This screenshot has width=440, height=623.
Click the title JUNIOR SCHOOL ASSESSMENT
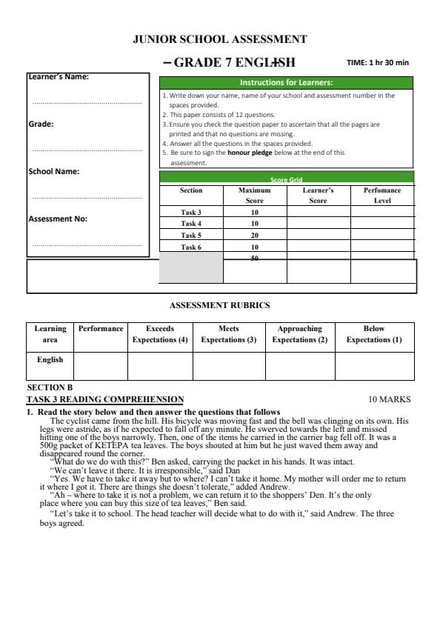219,39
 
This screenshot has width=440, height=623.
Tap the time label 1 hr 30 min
378,63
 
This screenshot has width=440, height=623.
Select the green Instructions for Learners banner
286,82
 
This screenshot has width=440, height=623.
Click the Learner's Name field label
59,76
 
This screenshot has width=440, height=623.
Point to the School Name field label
53,171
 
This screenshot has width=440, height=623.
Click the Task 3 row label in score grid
191,213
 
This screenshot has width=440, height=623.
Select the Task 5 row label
191,236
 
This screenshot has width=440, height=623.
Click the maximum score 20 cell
255,236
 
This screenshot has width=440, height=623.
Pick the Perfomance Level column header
382,196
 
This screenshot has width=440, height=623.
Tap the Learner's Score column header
319,196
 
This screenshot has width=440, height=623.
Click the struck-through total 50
255,259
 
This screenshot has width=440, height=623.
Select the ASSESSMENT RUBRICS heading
220,304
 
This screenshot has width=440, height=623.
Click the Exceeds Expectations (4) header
160,334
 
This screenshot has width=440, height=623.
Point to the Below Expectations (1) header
373,334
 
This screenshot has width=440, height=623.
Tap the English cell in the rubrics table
50,360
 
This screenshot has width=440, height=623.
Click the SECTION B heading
50,387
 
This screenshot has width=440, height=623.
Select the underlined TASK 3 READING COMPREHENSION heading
105,399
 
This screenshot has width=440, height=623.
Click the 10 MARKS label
389,399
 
